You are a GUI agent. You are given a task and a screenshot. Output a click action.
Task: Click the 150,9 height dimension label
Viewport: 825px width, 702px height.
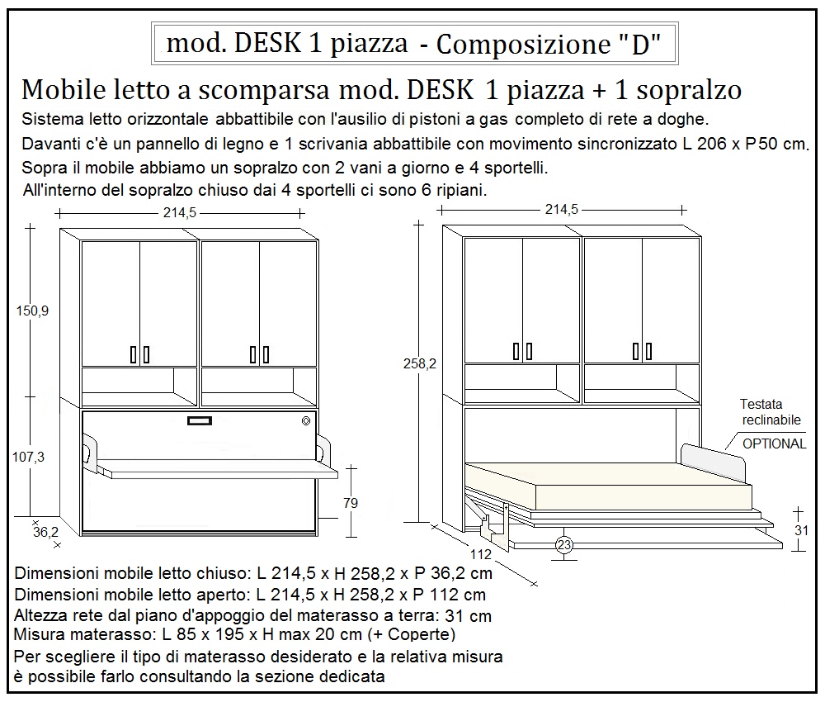(33, 311)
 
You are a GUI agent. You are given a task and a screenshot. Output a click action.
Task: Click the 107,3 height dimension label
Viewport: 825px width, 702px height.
(33, 456)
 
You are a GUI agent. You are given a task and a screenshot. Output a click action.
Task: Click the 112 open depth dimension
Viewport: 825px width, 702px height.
(481, 553)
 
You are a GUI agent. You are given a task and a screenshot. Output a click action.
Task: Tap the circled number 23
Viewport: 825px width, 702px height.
(564, 544)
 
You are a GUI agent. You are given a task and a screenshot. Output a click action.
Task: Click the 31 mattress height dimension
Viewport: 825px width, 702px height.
(801, 530)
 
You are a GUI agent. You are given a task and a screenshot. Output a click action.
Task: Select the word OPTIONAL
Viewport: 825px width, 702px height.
(774, 443)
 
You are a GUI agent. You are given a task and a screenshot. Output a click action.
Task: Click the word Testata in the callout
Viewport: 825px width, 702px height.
(761, 405)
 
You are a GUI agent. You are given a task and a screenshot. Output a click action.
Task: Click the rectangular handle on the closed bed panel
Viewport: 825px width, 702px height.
(199, 421)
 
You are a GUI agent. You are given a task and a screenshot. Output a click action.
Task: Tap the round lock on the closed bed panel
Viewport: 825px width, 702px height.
(307, 421)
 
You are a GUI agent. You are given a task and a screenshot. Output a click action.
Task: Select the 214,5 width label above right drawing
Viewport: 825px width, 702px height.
(561, 210)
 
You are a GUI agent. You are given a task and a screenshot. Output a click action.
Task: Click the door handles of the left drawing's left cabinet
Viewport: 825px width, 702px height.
(139, 354)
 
